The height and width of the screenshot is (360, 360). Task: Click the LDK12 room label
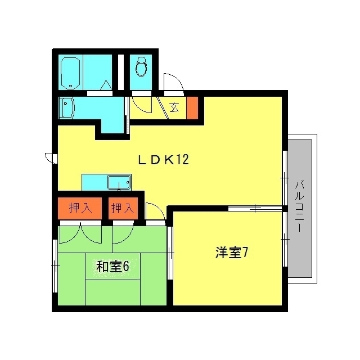coord(163,160)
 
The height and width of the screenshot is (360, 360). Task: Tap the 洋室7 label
coord(231,253)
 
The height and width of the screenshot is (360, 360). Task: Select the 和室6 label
coord(112,266)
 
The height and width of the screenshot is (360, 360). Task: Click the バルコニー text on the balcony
coord(299,206)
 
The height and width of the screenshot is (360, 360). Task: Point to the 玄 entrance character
coord(174,107)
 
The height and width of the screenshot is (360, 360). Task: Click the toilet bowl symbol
coord(141,66)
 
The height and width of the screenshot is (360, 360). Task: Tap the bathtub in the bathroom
coord(70,73)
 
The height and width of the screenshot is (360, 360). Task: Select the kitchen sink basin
coord(119,182)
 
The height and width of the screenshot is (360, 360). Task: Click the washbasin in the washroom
coord(66,107)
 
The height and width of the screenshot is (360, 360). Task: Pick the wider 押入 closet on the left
coord(80,208)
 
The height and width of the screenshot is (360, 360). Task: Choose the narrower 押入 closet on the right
coord(123,208)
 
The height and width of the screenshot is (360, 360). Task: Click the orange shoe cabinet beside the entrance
coord(192,108)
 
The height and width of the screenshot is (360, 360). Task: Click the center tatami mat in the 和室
coord(112,266)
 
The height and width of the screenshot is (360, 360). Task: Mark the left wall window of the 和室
coord(55,266)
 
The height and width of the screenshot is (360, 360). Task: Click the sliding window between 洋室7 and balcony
coord(285,239)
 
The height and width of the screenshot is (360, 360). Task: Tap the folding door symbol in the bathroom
coord(106,85)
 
